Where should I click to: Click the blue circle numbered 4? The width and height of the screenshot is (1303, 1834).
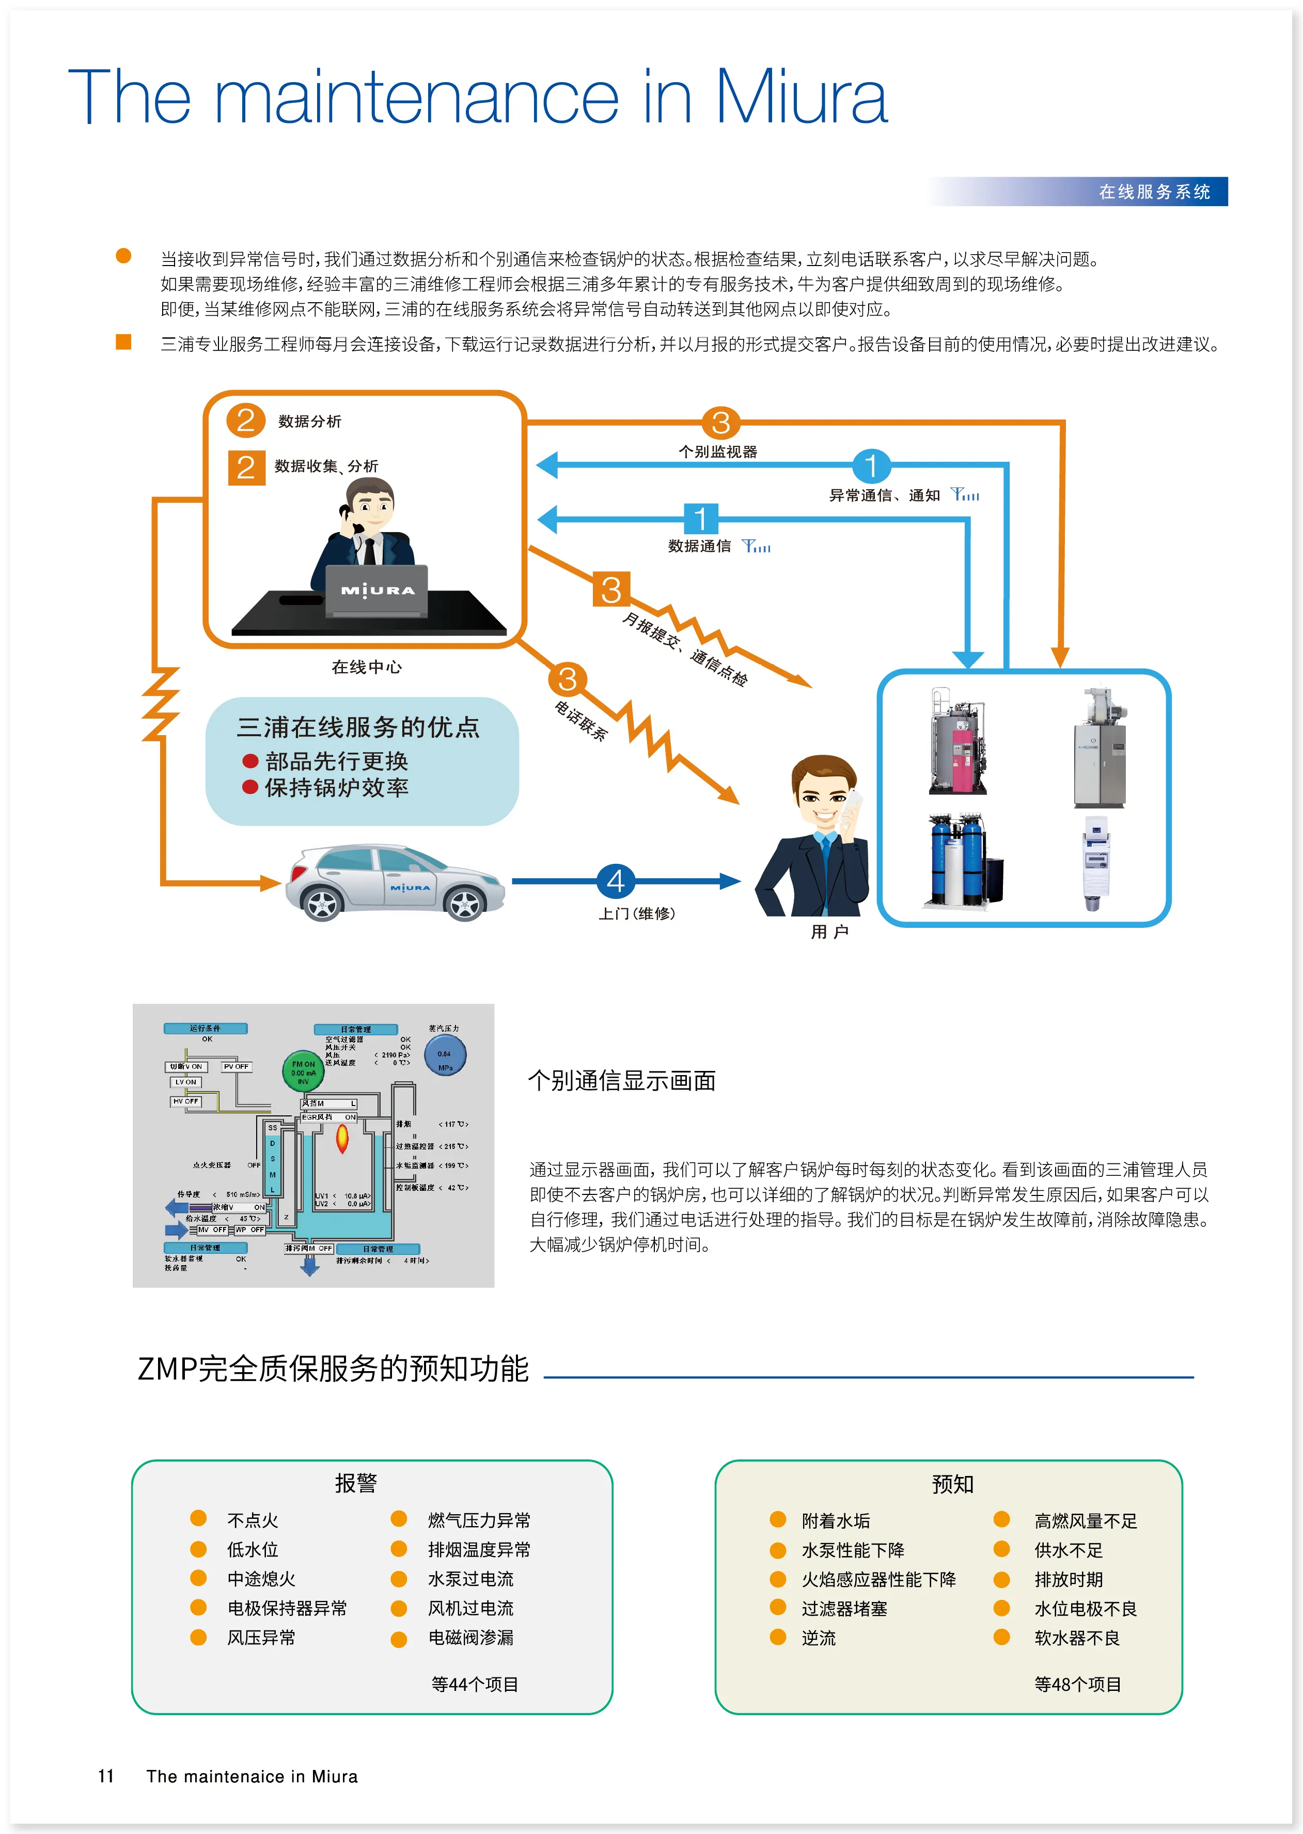616,881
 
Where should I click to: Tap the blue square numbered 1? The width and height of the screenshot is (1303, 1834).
700,519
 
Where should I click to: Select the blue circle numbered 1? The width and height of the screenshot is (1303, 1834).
871,465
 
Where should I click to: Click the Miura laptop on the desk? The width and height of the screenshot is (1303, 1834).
377,590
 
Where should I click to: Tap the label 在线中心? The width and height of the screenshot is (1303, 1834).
367,667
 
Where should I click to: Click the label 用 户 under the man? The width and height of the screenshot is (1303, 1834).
829,932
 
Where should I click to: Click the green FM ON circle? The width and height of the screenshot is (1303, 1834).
303,1071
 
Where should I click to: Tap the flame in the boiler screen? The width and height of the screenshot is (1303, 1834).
342,1137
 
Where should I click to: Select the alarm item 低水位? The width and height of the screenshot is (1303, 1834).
253,1550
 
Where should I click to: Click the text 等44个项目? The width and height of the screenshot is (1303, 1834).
475,1685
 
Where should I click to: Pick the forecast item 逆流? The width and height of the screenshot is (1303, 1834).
819,1638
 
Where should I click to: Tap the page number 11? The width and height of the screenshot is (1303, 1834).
106,1776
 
